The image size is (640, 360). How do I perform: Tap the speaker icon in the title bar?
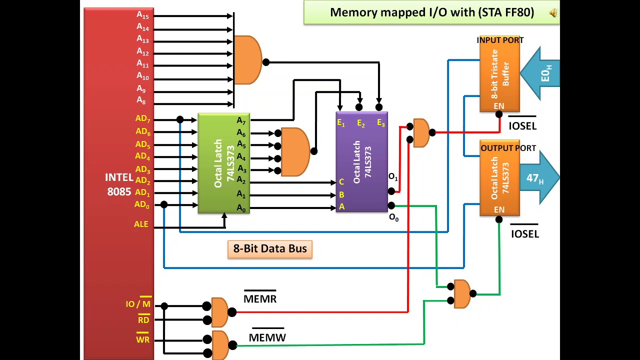point(553,13)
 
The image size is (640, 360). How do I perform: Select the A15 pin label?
point(142,15)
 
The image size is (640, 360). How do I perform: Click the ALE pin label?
point(141,224)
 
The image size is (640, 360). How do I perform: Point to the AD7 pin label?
point(142,119)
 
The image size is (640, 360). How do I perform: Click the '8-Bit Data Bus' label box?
point(270,248)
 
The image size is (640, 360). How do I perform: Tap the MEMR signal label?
point(260,298)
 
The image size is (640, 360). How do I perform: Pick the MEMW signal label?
point(267,337)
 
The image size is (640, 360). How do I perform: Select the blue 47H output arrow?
point(540,178)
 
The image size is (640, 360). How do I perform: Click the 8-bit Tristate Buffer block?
point(499,75)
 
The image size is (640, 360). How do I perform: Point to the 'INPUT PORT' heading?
point(500,40)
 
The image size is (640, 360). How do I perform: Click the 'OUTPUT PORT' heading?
point(508,148)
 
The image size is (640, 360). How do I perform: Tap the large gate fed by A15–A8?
point(247,60)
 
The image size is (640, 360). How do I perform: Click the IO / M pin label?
point(138,304)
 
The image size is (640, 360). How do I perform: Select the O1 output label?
point(393,177)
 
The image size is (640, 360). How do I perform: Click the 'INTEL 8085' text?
point(119,184)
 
